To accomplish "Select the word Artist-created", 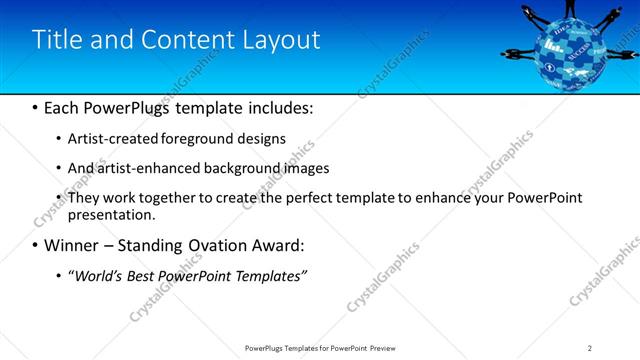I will tap(107, 139).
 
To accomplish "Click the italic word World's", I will tap(95, 275).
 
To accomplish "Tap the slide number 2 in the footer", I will tap(589, 347).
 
